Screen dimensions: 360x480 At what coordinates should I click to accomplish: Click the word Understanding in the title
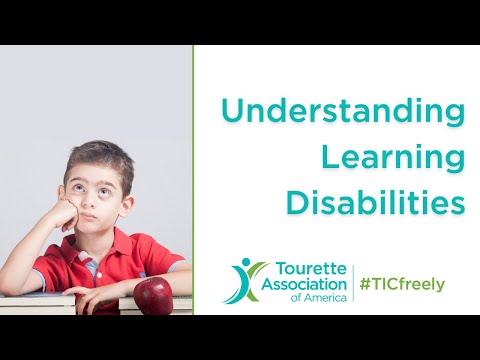343,112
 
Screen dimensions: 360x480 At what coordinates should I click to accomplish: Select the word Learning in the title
392,157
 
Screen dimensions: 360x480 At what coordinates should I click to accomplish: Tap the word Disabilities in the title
376,201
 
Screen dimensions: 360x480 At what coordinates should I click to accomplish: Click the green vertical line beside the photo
193,179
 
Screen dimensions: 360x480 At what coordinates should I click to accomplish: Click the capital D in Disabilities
297,201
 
